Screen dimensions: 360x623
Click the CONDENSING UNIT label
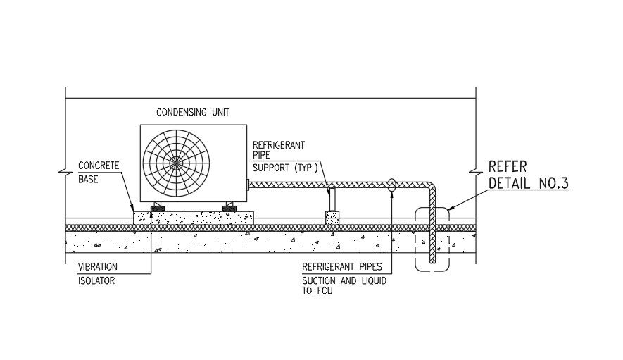coord(192,112)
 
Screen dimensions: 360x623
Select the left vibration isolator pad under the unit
coord(154,207)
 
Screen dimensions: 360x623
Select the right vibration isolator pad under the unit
coord(230,207)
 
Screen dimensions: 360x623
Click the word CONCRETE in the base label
coord(99,166)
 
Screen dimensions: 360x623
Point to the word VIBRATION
coord(98,267)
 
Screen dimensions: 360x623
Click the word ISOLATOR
coord(96,280)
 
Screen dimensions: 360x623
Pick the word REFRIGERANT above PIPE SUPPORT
coord(279,145)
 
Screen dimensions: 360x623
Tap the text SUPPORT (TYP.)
coord(285,168)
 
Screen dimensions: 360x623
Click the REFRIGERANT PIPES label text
coord(341,267)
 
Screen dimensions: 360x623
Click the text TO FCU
coord(317,291)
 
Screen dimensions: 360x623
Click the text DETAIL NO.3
coord(528,184)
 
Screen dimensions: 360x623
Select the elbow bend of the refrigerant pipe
coord(430,188)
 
